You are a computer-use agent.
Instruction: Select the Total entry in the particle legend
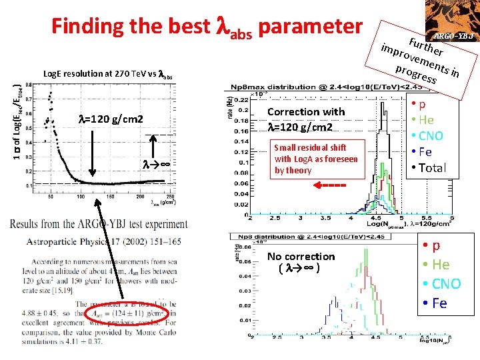click(x=428, y=168)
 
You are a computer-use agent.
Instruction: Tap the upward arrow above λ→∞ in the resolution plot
click(x=155, y=147)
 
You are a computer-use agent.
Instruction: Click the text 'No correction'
click(x=301, y=256)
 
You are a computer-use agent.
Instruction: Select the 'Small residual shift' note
click(x=316, y=158)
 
